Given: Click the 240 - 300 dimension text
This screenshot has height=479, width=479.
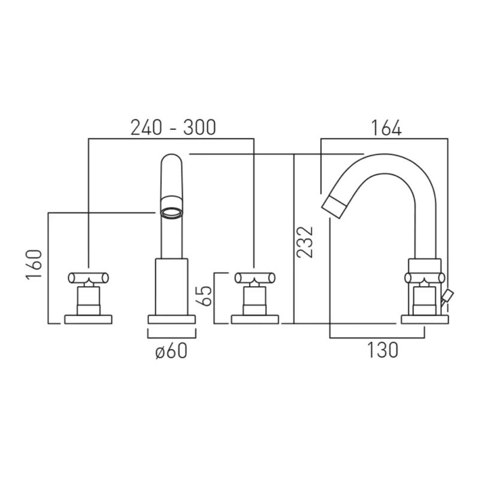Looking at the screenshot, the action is coord(173,128).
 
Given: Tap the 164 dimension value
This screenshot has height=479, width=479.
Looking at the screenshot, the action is coord(386,128).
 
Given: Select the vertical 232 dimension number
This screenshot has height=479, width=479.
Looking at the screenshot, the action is coord(305,242).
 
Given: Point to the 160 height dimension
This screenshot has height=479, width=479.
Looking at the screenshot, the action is coord(34,265).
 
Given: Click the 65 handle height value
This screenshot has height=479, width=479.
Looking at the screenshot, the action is coord(204,296).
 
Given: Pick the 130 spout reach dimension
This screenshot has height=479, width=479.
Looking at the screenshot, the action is coord(383,350).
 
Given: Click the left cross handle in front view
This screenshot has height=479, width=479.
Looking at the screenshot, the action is coord(88,278).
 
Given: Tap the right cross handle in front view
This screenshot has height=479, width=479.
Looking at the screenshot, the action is coord(255,278).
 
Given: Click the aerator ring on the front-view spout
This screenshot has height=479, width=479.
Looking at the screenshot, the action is coord(172,213).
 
